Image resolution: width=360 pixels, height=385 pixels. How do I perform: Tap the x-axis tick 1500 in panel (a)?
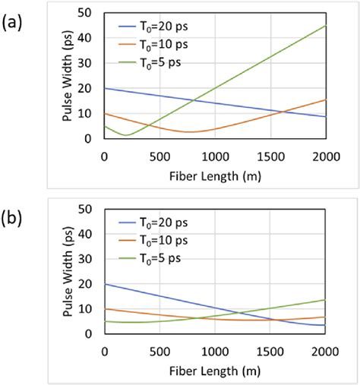[270, 156]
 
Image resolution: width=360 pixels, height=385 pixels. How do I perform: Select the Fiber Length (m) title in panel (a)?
[214, 173]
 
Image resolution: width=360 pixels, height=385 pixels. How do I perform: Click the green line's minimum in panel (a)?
[127, 135]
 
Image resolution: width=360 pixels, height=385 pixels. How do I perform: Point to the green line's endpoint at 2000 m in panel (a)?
[325, 26]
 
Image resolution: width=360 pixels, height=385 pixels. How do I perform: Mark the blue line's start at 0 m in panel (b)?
[105, 283]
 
